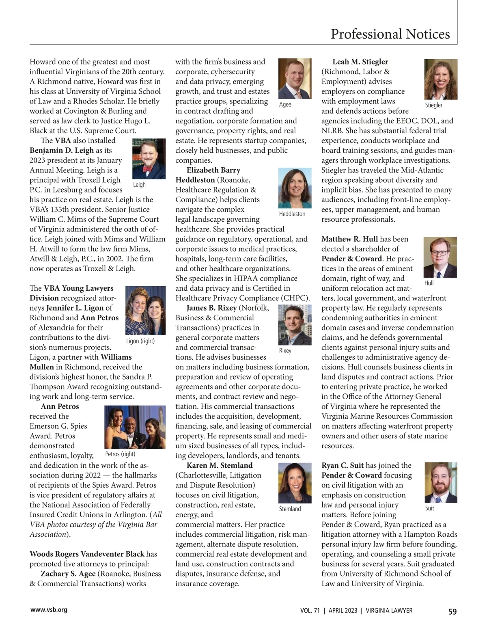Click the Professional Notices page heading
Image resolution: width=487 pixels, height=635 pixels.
pos(390,34)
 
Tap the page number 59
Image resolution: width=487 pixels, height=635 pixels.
pos(452,611)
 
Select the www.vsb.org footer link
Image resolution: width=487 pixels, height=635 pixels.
pos(49,609)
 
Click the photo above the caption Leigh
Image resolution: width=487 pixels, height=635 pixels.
pos(149,159)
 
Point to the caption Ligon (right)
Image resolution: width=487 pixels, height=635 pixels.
pos(140,341)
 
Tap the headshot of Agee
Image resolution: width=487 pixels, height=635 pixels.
pos(295,79)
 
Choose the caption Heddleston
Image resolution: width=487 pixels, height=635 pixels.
pos(292,214)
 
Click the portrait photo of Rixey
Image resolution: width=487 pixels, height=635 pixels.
pos(295,325)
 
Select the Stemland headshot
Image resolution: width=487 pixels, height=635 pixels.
pos(295,483)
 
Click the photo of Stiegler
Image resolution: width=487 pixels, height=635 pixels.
pos(441,79)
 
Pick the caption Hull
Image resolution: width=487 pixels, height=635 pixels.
pos(429,283)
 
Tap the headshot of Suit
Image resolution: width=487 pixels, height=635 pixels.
pos(441,482)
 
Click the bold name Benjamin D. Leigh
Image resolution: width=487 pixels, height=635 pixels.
pos(62,150)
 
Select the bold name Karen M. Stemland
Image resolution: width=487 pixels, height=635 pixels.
pos(220,465)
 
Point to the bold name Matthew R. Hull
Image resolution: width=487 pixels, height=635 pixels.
pos(349,239)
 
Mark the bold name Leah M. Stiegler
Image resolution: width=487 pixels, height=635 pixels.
pos(360,62)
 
